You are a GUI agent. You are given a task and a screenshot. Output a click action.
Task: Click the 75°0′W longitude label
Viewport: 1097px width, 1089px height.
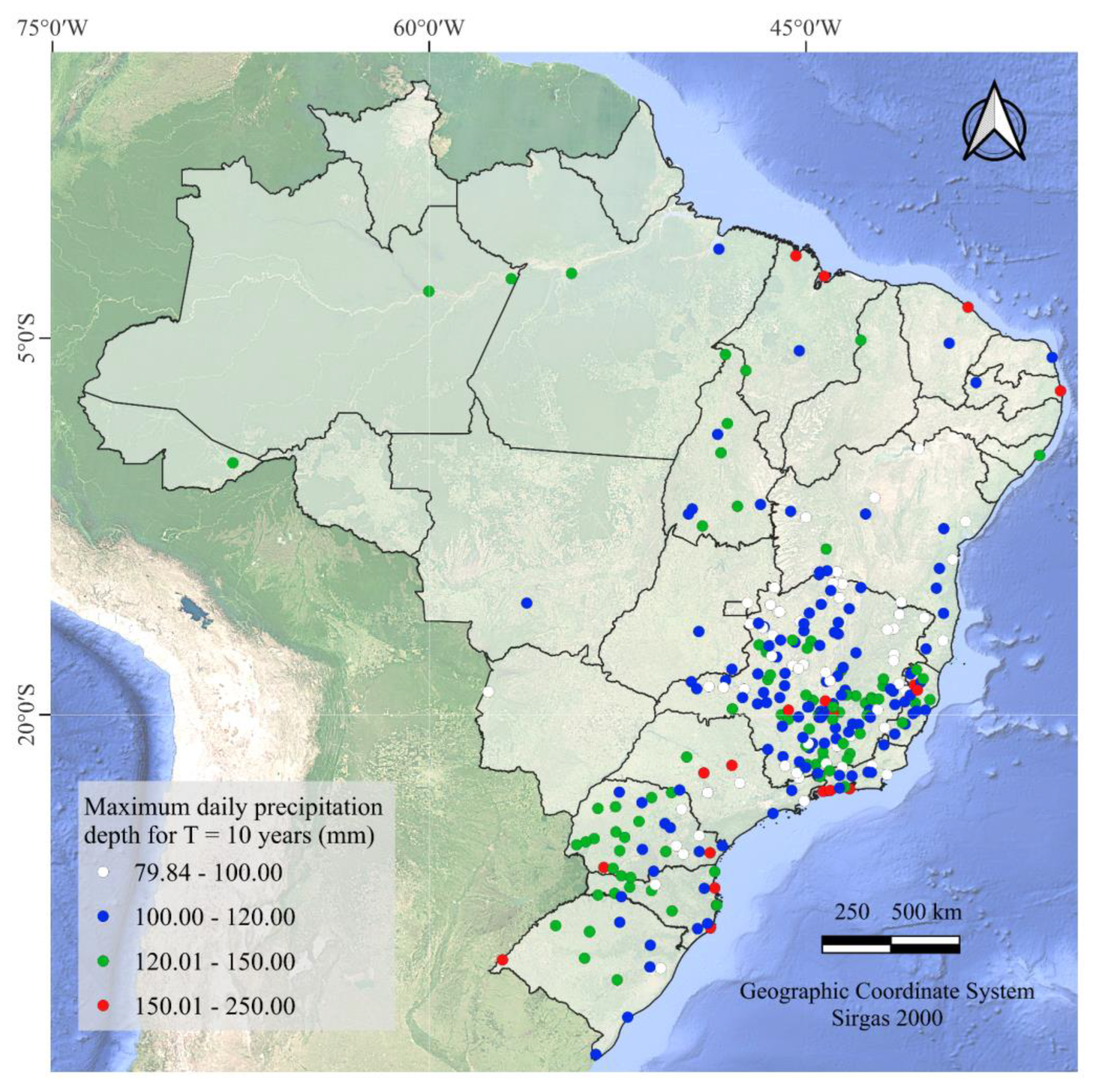pyautogui.click(x=53, y=27)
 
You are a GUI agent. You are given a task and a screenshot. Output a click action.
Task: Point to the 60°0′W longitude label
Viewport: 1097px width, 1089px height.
pyautogui.click(x=429, y=27)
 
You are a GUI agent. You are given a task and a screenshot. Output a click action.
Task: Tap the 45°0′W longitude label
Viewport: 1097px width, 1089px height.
pyautogui.click(x=806, y=27)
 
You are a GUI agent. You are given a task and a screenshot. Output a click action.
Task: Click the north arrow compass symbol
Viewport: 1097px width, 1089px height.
pyautogui.click(x=994, y=122)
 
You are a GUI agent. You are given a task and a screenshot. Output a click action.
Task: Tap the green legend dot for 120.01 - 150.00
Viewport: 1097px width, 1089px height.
pyautogui.click(x=103, y=961)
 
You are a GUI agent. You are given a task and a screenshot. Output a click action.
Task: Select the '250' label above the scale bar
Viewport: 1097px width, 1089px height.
pyautogui.click(x=852, y=912)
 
